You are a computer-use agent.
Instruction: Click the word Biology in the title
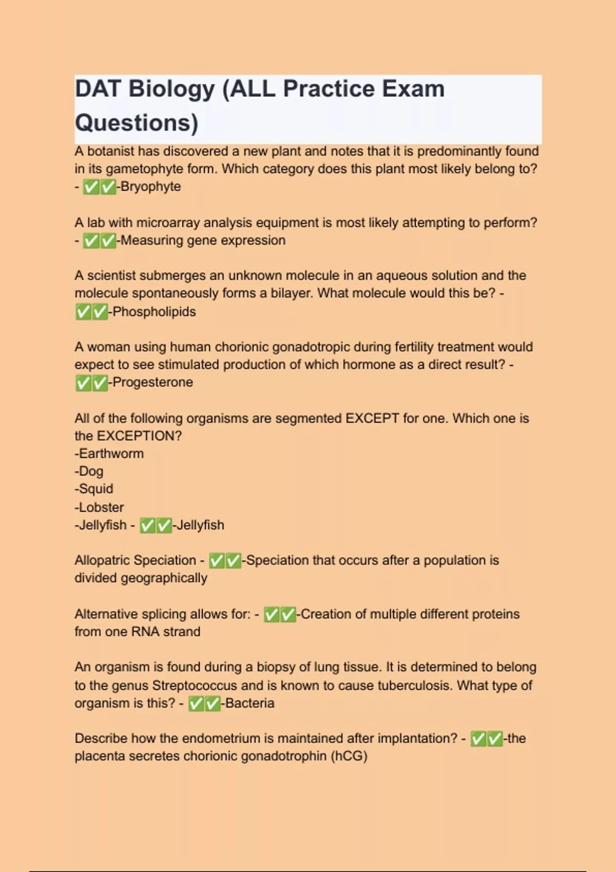coord(171,89)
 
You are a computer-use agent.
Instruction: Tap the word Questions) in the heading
coord(137,123)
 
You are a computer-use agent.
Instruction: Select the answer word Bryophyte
coord(151,186)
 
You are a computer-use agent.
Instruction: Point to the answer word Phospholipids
coord(154,311)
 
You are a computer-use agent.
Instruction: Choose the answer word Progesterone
coord(152,382)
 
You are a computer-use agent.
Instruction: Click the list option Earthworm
coord(111,453)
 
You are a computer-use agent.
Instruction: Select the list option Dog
coord(91,471)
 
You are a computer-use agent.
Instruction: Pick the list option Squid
coord(95,489)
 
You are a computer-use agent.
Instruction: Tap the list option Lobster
coord(101,507)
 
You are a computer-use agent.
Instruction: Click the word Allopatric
coord(110,560)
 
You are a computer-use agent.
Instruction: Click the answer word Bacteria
coord(249,703)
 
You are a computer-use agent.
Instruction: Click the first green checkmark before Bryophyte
coord(91,187)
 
